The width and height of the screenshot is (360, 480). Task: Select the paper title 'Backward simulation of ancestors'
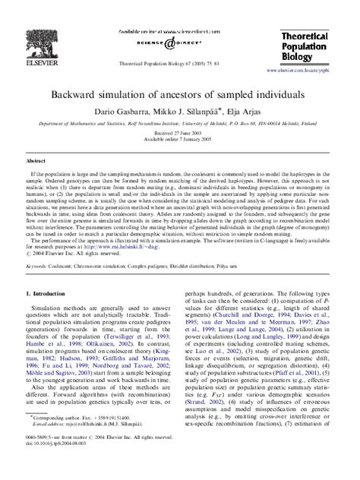pos(180,97)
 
